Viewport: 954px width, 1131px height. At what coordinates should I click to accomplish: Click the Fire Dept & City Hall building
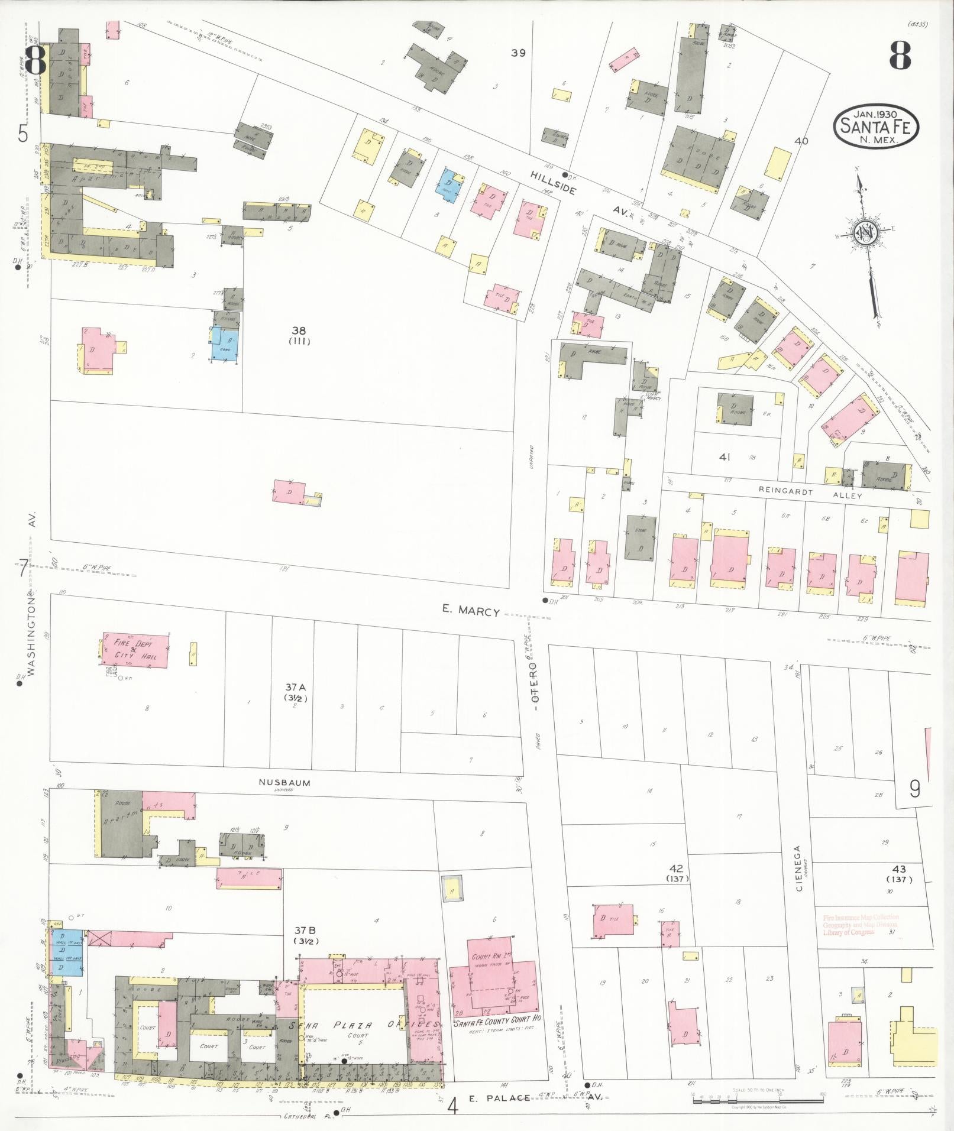[135, 650]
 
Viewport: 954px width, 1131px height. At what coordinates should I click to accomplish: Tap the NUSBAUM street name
[284, 782]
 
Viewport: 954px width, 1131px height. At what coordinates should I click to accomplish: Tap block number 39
[518, 53]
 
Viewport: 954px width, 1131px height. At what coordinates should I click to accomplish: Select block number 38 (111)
[299, 335]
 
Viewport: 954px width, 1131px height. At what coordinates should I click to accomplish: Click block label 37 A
[295, 691]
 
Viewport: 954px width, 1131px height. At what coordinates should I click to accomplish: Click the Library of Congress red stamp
[860, 925]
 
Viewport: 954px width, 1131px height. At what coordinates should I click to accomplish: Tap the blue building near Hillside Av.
[449, 184]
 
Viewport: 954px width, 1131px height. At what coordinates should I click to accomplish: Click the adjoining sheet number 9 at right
[914, 789]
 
